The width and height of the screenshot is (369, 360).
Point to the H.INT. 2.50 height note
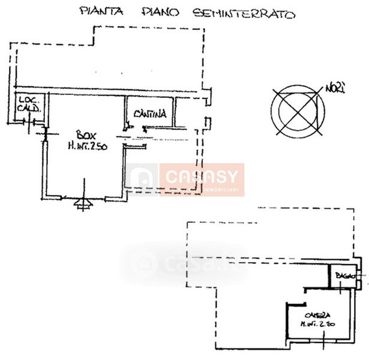click(87, 145)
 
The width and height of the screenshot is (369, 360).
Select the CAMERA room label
click(317, 316)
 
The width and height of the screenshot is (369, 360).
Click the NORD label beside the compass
click(335, 89)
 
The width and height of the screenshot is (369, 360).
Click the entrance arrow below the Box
click(82, 205)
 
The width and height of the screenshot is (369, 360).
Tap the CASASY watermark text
click(202, 178)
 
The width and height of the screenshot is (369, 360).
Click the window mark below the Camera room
click(324, 345)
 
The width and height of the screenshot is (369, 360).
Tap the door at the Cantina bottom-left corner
click(127, 126)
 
